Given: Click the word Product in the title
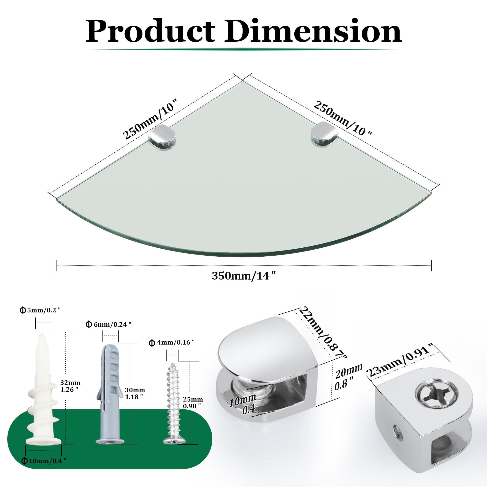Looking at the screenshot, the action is pyautogui.click(x=150, y=31).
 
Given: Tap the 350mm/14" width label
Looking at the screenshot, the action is pyautogui.click(x=244, y=276).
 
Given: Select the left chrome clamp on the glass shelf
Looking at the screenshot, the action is pyautogui.click(x=162, y=138).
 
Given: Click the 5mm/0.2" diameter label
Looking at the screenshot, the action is pyautogui.click(x=40, y=310).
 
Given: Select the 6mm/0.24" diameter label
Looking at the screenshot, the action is pyautogui.click(x=109, y=325).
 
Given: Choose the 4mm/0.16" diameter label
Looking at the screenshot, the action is pyautogui.click(x=172, y=343).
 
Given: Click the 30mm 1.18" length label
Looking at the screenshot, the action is pyautogui.click(x=135, y=393).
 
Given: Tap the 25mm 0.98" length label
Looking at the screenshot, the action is pyautogui.click(x=193, y=403).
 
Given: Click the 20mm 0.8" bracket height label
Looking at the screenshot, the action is pyautogui.click(x=348, y=377).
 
